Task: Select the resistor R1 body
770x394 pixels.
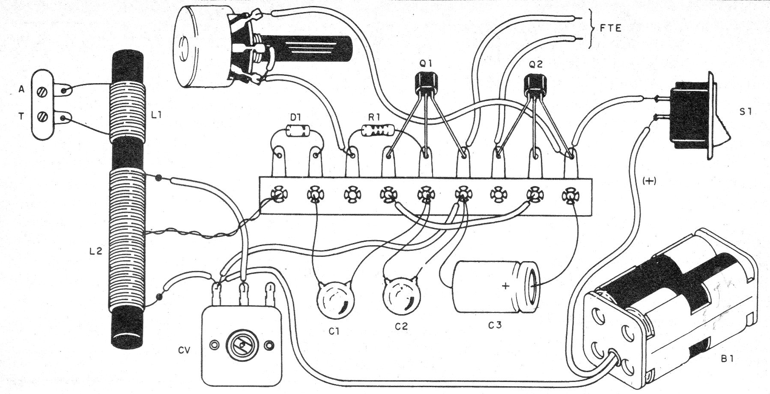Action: pyautogui.click(x=377, y=130)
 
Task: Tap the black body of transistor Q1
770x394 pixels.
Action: pyautogui.click(x=428, y=81)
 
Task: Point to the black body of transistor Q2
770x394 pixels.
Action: pyautogui.click(x=536, y=82)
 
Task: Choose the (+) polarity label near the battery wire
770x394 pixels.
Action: pyautogui.click(x=650, y=181)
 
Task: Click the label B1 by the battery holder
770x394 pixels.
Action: pyautogui.click(x=727, y=359)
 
